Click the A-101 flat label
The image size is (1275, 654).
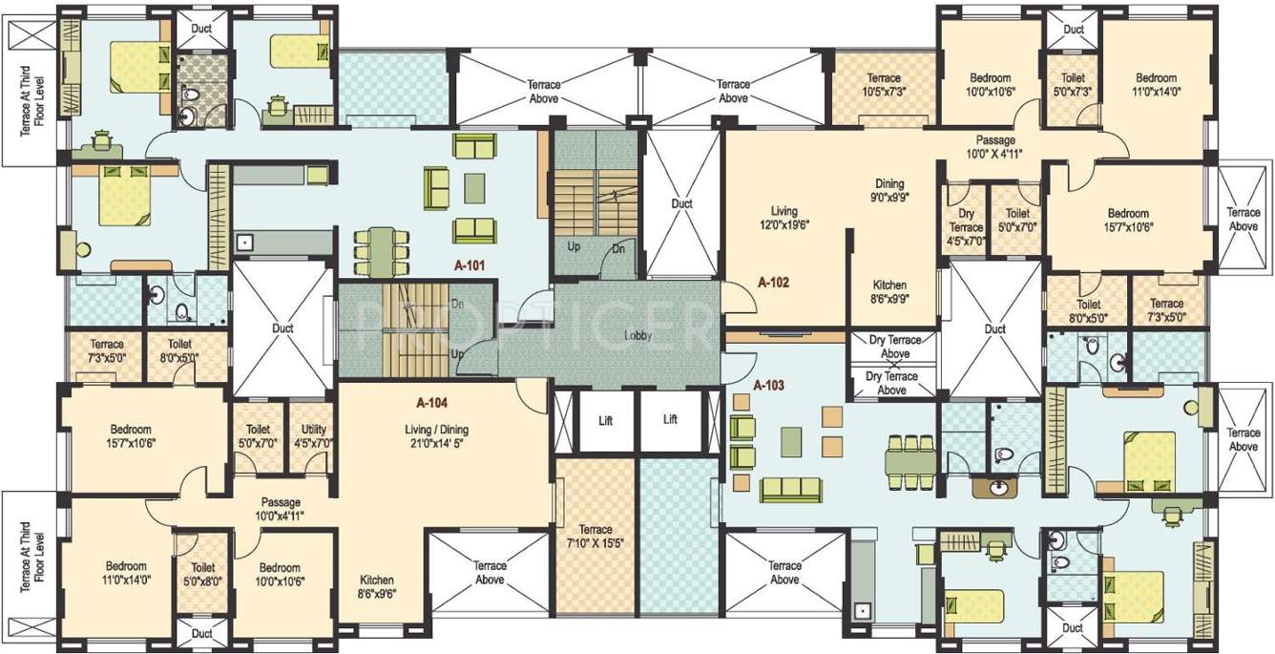click(x=470, y=266)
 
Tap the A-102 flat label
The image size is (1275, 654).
click(x=774, y=283)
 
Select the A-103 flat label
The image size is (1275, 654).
click(x=768, y=386)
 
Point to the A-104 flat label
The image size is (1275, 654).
click(x=432, y=403)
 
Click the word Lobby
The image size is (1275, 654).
click(x=638, y=336)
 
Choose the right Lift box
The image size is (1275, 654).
click(x=670, y=419)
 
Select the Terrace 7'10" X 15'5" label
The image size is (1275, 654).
click(x=595, y=537)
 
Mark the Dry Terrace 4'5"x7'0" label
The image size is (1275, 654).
click(x=966, y=228)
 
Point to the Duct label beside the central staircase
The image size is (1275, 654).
click(x=681, y=203)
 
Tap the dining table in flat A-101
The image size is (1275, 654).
click(x=379, y=250)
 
